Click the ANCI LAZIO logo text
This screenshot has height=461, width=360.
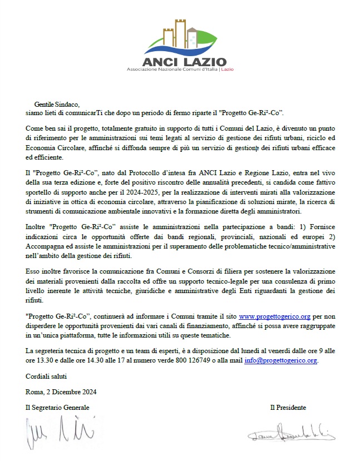point(177,61)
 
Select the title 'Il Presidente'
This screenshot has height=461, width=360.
point(288,408)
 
